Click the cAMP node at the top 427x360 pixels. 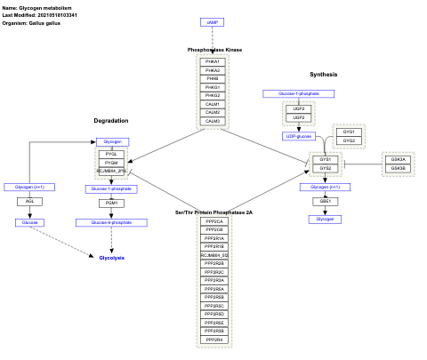pos(212,21)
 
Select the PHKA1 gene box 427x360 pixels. pos(213,61)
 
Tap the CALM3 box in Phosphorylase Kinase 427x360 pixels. pos(213,121)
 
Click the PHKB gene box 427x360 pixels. pos(213,78)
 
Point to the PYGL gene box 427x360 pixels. pos(111,154)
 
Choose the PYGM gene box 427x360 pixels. pos(111,163)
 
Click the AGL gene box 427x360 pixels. pos(30,202)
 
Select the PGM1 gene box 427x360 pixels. pos(111,204)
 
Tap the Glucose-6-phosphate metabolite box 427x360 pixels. pos(110,221)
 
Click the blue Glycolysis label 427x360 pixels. pos(111,257)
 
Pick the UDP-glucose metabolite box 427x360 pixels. pos(299,136)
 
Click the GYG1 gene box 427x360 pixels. pos(350,132)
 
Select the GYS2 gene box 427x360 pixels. pos(325,168)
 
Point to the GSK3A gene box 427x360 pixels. pos(398,159)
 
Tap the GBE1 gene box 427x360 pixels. pos(325,202)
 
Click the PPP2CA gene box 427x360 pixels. pos(213,221)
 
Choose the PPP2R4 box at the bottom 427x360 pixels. pos(213,340)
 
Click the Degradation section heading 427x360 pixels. pos(111,120)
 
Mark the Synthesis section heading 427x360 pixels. pos(323,74)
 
